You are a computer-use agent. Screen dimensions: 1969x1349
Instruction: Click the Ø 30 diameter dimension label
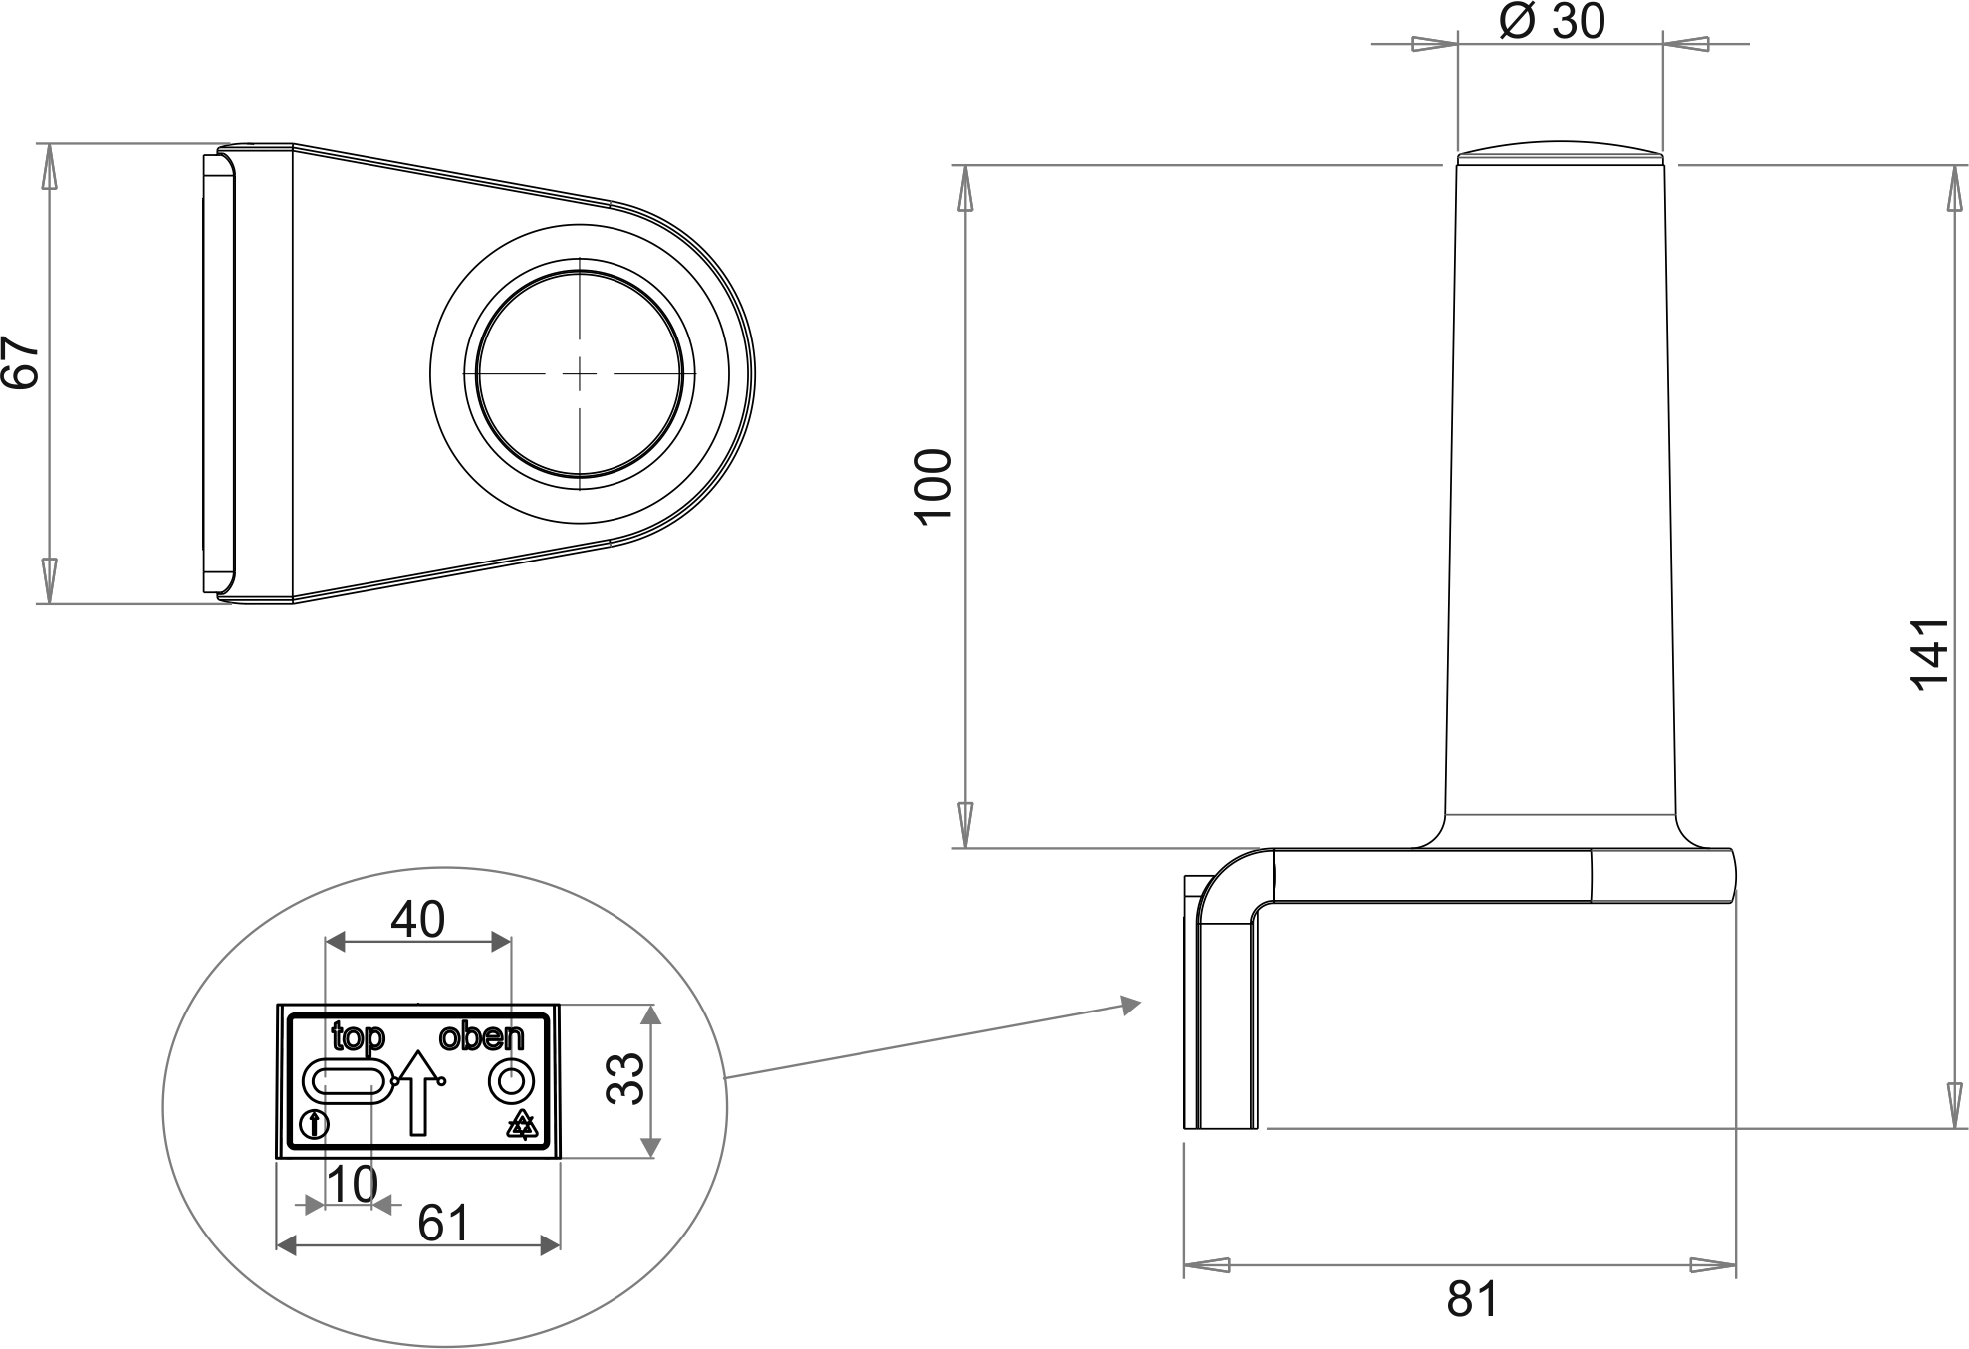pos(1552,21)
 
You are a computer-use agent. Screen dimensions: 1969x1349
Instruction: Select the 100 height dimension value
pos(934,486)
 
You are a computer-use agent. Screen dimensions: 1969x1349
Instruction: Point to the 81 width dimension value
pos(1472,1299)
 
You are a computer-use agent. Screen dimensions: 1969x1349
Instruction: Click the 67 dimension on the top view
pos(20,361)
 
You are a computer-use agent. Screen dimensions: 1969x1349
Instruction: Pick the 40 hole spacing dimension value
pos(417,920)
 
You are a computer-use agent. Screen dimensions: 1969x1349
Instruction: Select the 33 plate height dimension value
pos(626,1079)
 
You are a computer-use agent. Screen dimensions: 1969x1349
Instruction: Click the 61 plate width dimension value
pos(443,1224)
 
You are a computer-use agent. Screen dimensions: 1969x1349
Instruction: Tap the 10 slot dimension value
pos(353,1185)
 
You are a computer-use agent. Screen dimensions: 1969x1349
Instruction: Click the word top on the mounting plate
pos(358,1037)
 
